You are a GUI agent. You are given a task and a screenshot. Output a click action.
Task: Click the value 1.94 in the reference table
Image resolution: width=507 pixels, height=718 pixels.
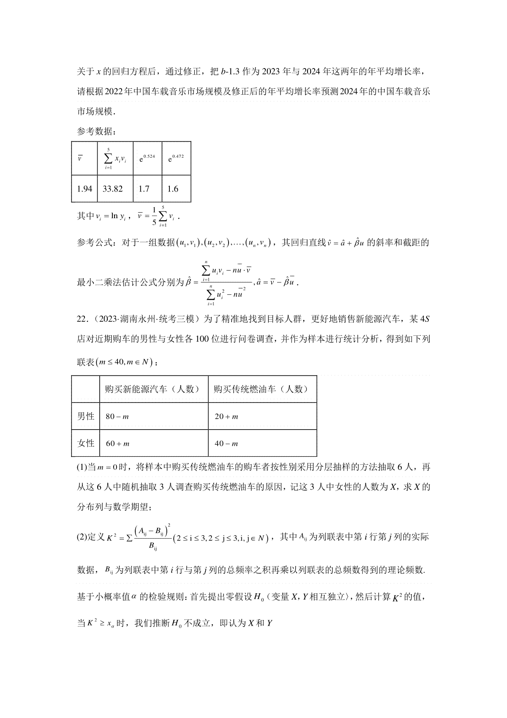[x=84, y=189]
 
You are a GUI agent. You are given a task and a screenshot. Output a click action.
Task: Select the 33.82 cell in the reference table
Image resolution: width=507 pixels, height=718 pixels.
[x=113, y=189]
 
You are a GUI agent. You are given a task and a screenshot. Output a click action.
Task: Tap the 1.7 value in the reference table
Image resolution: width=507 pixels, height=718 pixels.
[x=144, y=189]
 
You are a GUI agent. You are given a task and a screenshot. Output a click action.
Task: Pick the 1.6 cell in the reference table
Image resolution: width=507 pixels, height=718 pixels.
[x=173, y=189]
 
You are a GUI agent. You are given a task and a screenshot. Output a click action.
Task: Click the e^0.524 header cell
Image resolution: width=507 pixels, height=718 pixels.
[x=147, y=159]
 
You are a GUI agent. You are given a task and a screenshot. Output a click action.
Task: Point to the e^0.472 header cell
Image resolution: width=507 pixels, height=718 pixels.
[x=176, y=159]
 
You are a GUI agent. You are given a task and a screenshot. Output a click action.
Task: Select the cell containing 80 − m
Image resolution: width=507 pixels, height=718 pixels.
[x=117, y=417]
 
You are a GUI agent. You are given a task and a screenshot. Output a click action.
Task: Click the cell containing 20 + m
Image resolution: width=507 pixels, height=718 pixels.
[x=226, y=417]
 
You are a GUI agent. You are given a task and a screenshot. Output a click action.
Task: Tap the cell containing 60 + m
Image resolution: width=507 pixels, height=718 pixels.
[x=117, y=444]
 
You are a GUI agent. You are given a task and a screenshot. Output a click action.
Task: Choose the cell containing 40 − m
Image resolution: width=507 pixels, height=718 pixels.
[x=226, y=444]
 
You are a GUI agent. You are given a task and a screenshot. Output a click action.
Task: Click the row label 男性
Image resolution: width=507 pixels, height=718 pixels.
[x=86, y=416]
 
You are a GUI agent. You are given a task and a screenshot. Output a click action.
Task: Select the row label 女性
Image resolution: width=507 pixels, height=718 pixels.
[x=86, y=443]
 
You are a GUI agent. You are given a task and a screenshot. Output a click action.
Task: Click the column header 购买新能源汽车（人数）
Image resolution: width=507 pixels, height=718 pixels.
[x=153, y=389]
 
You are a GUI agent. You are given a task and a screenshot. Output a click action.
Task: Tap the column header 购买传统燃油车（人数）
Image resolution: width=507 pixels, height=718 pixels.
[x=261, y=389]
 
